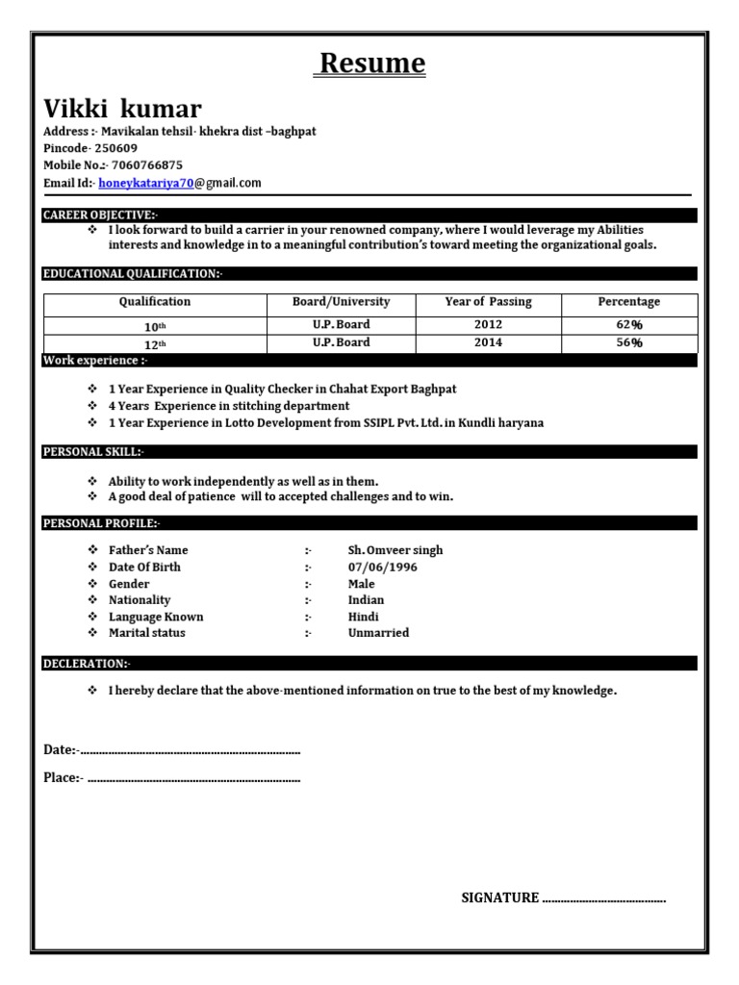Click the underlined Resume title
tap(371, 63)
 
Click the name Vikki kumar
tap(122, 108)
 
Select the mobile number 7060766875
tap(147, 165)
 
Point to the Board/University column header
tap(341, 302)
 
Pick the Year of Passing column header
tap(488, 302)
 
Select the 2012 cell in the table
tap(488, 325)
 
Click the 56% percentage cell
tap(629, 343)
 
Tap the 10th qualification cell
tap(154, 326)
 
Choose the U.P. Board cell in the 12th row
tap(341, 343)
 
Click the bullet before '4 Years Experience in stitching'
tap(92, 406)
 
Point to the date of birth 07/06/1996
tap(383, 568)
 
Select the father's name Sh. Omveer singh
tap(395, 550)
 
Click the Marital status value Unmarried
tap(378, 633)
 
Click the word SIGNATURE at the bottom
tap(499, 897)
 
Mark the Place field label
tap(63, 777)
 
